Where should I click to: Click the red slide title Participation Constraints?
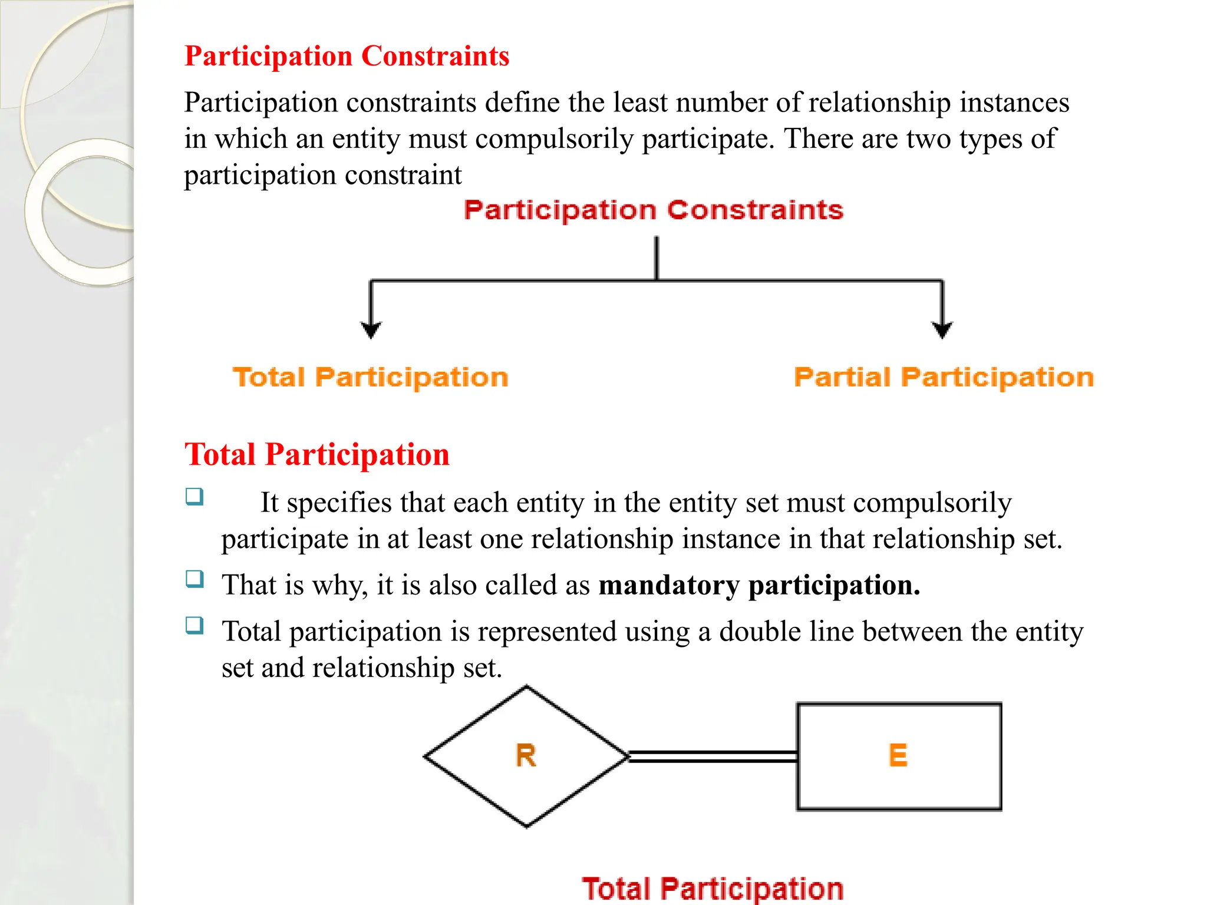347,57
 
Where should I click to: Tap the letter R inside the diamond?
526,755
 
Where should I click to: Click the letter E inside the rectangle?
898,755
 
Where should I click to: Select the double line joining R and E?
713,757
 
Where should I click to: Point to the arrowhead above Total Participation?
371,330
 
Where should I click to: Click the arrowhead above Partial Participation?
942,330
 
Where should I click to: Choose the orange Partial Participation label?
944,378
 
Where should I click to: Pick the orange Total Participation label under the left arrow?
370,378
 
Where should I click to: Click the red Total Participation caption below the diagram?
713,889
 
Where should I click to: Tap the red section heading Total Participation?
316,455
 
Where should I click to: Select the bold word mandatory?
669,586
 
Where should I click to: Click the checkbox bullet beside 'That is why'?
194,579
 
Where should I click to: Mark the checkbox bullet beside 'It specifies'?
194,497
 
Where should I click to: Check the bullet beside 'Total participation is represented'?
194,625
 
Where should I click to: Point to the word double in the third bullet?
757,632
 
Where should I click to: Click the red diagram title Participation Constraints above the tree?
654,210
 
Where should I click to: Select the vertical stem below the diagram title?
657,258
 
